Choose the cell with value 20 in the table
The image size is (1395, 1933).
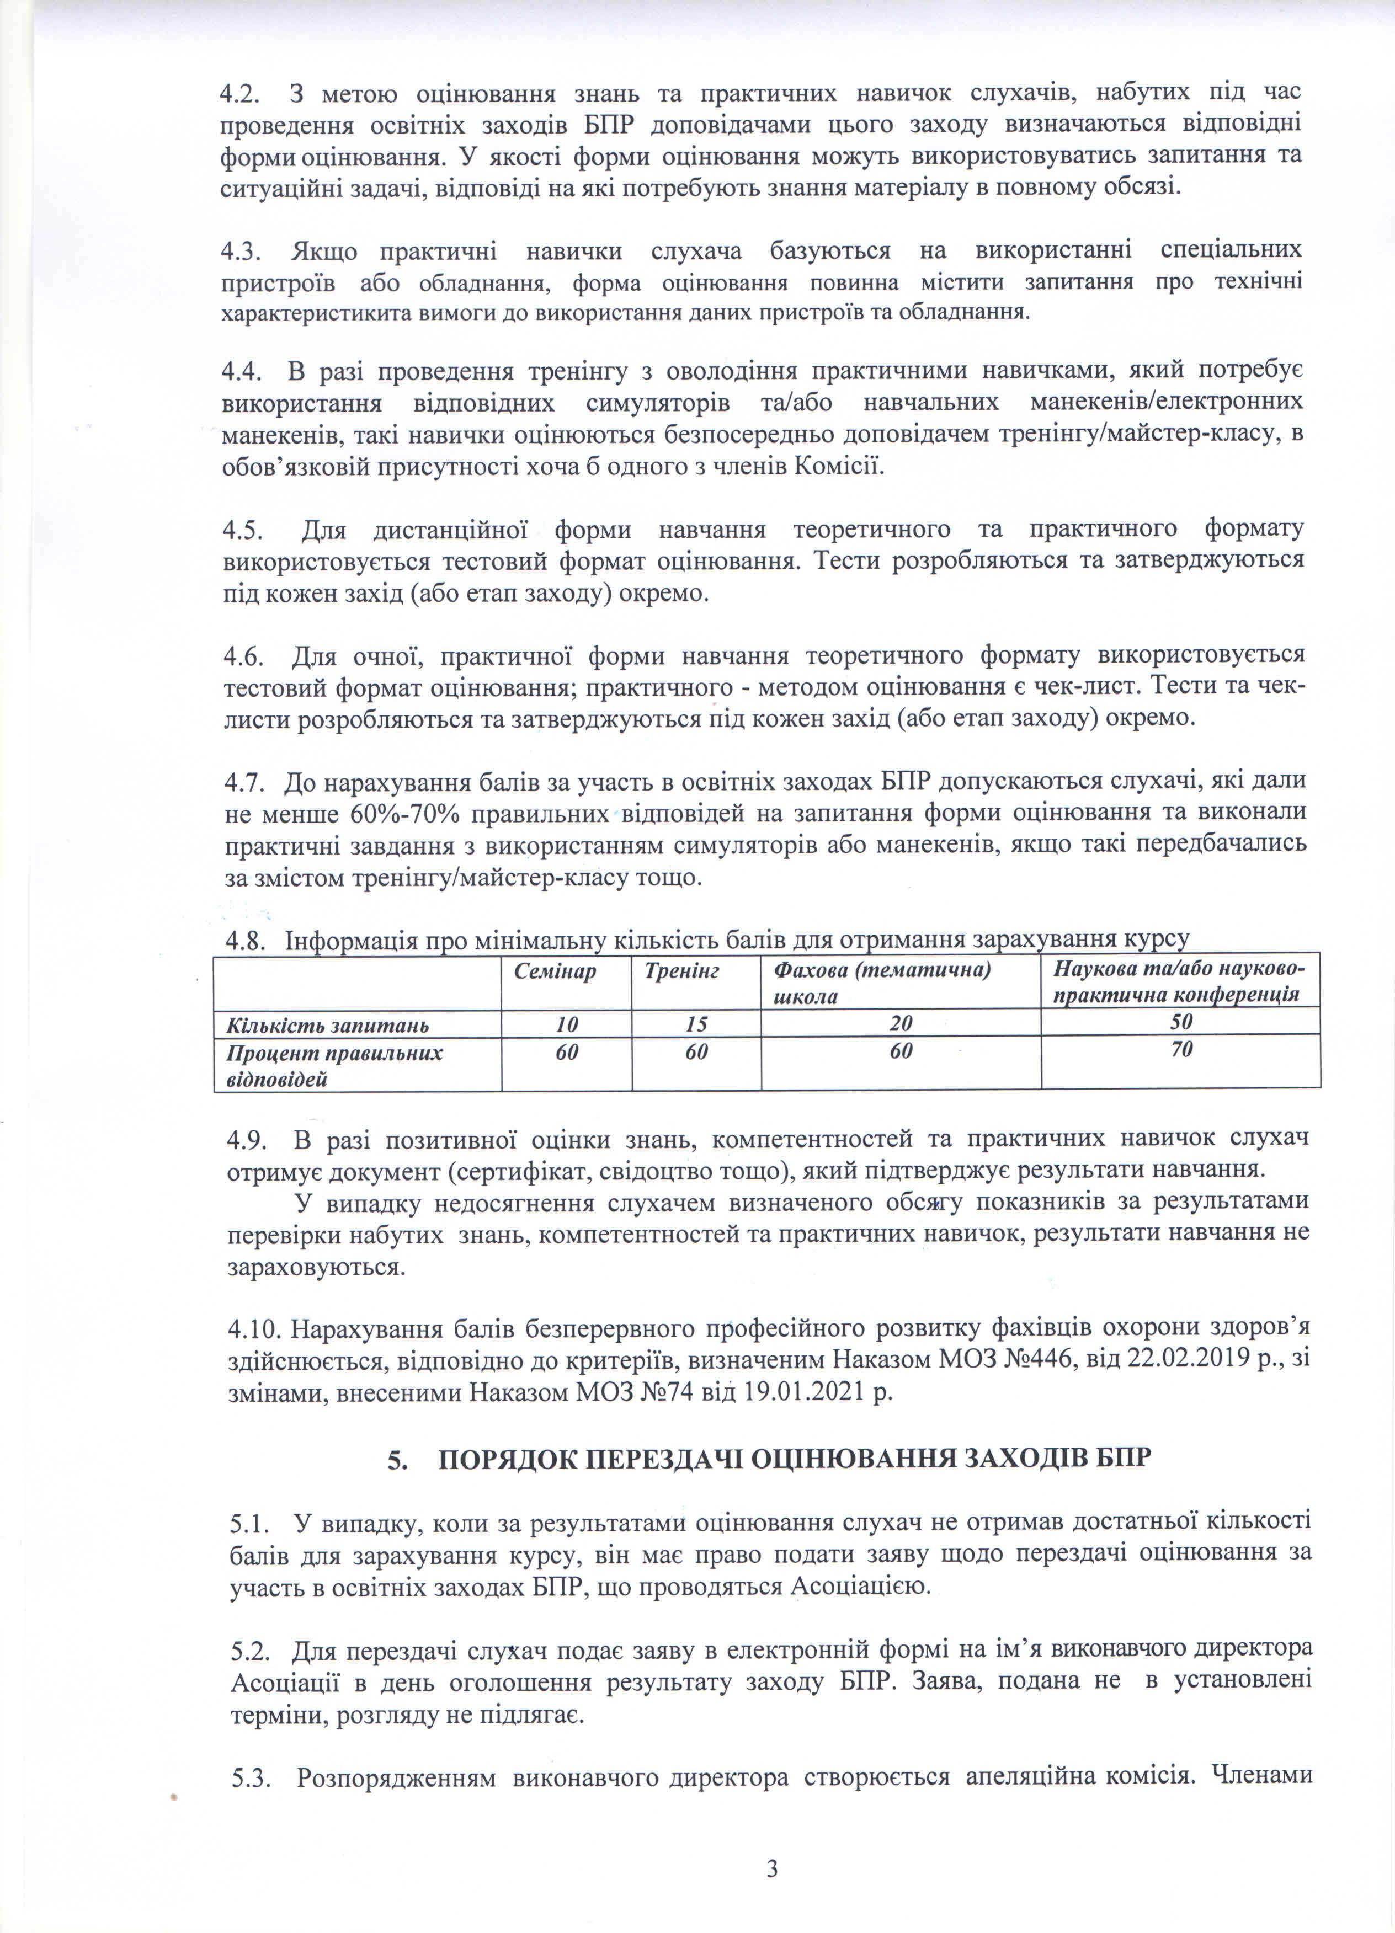pyautogui.click(x=901, y=1023)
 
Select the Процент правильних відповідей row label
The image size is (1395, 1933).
pyautogui.click(x=334, y=1065)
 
